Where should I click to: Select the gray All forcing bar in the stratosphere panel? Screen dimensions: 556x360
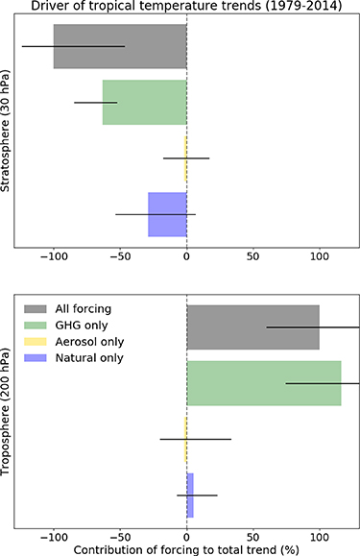pyautogui.click(x=120, y=46)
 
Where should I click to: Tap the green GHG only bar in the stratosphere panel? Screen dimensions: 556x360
pyautogui.click(x=144, y=102)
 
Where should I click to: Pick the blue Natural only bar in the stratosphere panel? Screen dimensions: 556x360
pyautogui.click(x=167, y=214)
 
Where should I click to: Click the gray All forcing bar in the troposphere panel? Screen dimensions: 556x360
pyautogui.click(x=252, y=326)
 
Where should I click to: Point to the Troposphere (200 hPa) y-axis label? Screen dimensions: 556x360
pyautogui.click(x=7, y=415)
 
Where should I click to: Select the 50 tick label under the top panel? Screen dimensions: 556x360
pyautogui.click(x=252, y=258)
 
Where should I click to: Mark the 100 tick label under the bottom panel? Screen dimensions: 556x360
pyautogui.click(x=319, y=535)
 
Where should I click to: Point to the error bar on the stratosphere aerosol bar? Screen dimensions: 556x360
pyautogui.click(x=186, y=157)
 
